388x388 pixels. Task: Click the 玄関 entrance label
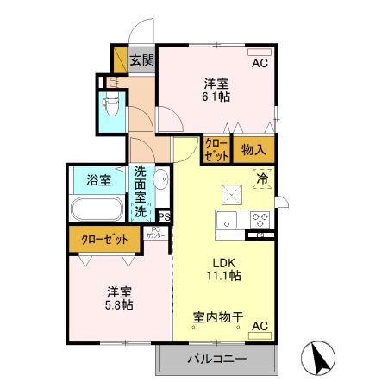(x=142, y=60)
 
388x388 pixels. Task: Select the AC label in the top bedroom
(x=260, y=64)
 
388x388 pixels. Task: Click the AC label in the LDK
(x=260, y=327)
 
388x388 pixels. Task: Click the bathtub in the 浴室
(x=97, y=210)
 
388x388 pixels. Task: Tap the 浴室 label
(x=97, y=180)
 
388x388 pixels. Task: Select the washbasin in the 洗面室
(x=160, y=181)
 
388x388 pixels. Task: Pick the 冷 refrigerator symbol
(x=261, y=179)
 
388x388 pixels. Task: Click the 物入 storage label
(x=253, y=150)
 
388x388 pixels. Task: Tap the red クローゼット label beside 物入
(x=216, y=150)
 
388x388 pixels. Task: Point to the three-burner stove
(x=260, y=218)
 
